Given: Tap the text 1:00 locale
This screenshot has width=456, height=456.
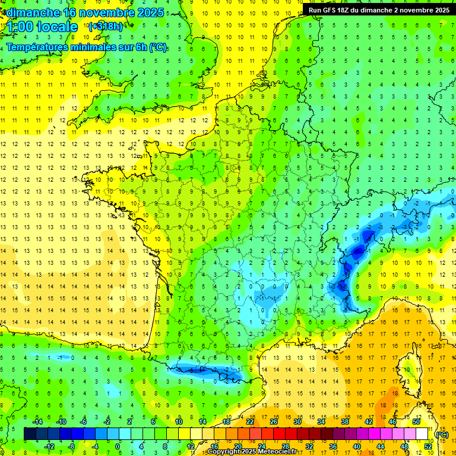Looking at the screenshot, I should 42,27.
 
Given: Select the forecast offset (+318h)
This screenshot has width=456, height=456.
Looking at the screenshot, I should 106,27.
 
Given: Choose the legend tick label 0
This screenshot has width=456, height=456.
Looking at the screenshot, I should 118,446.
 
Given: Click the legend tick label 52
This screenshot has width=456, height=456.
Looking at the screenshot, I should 428,446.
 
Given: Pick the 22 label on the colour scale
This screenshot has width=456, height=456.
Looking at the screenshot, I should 250,422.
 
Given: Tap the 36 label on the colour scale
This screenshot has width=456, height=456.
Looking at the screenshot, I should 332,446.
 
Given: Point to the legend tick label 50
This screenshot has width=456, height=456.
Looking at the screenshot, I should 416,422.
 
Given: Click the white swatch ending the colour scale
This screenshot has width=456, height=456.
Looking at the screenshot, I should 422,434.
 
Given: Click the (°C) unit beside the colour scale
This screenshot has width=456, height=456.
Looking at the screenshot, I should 442,435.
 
